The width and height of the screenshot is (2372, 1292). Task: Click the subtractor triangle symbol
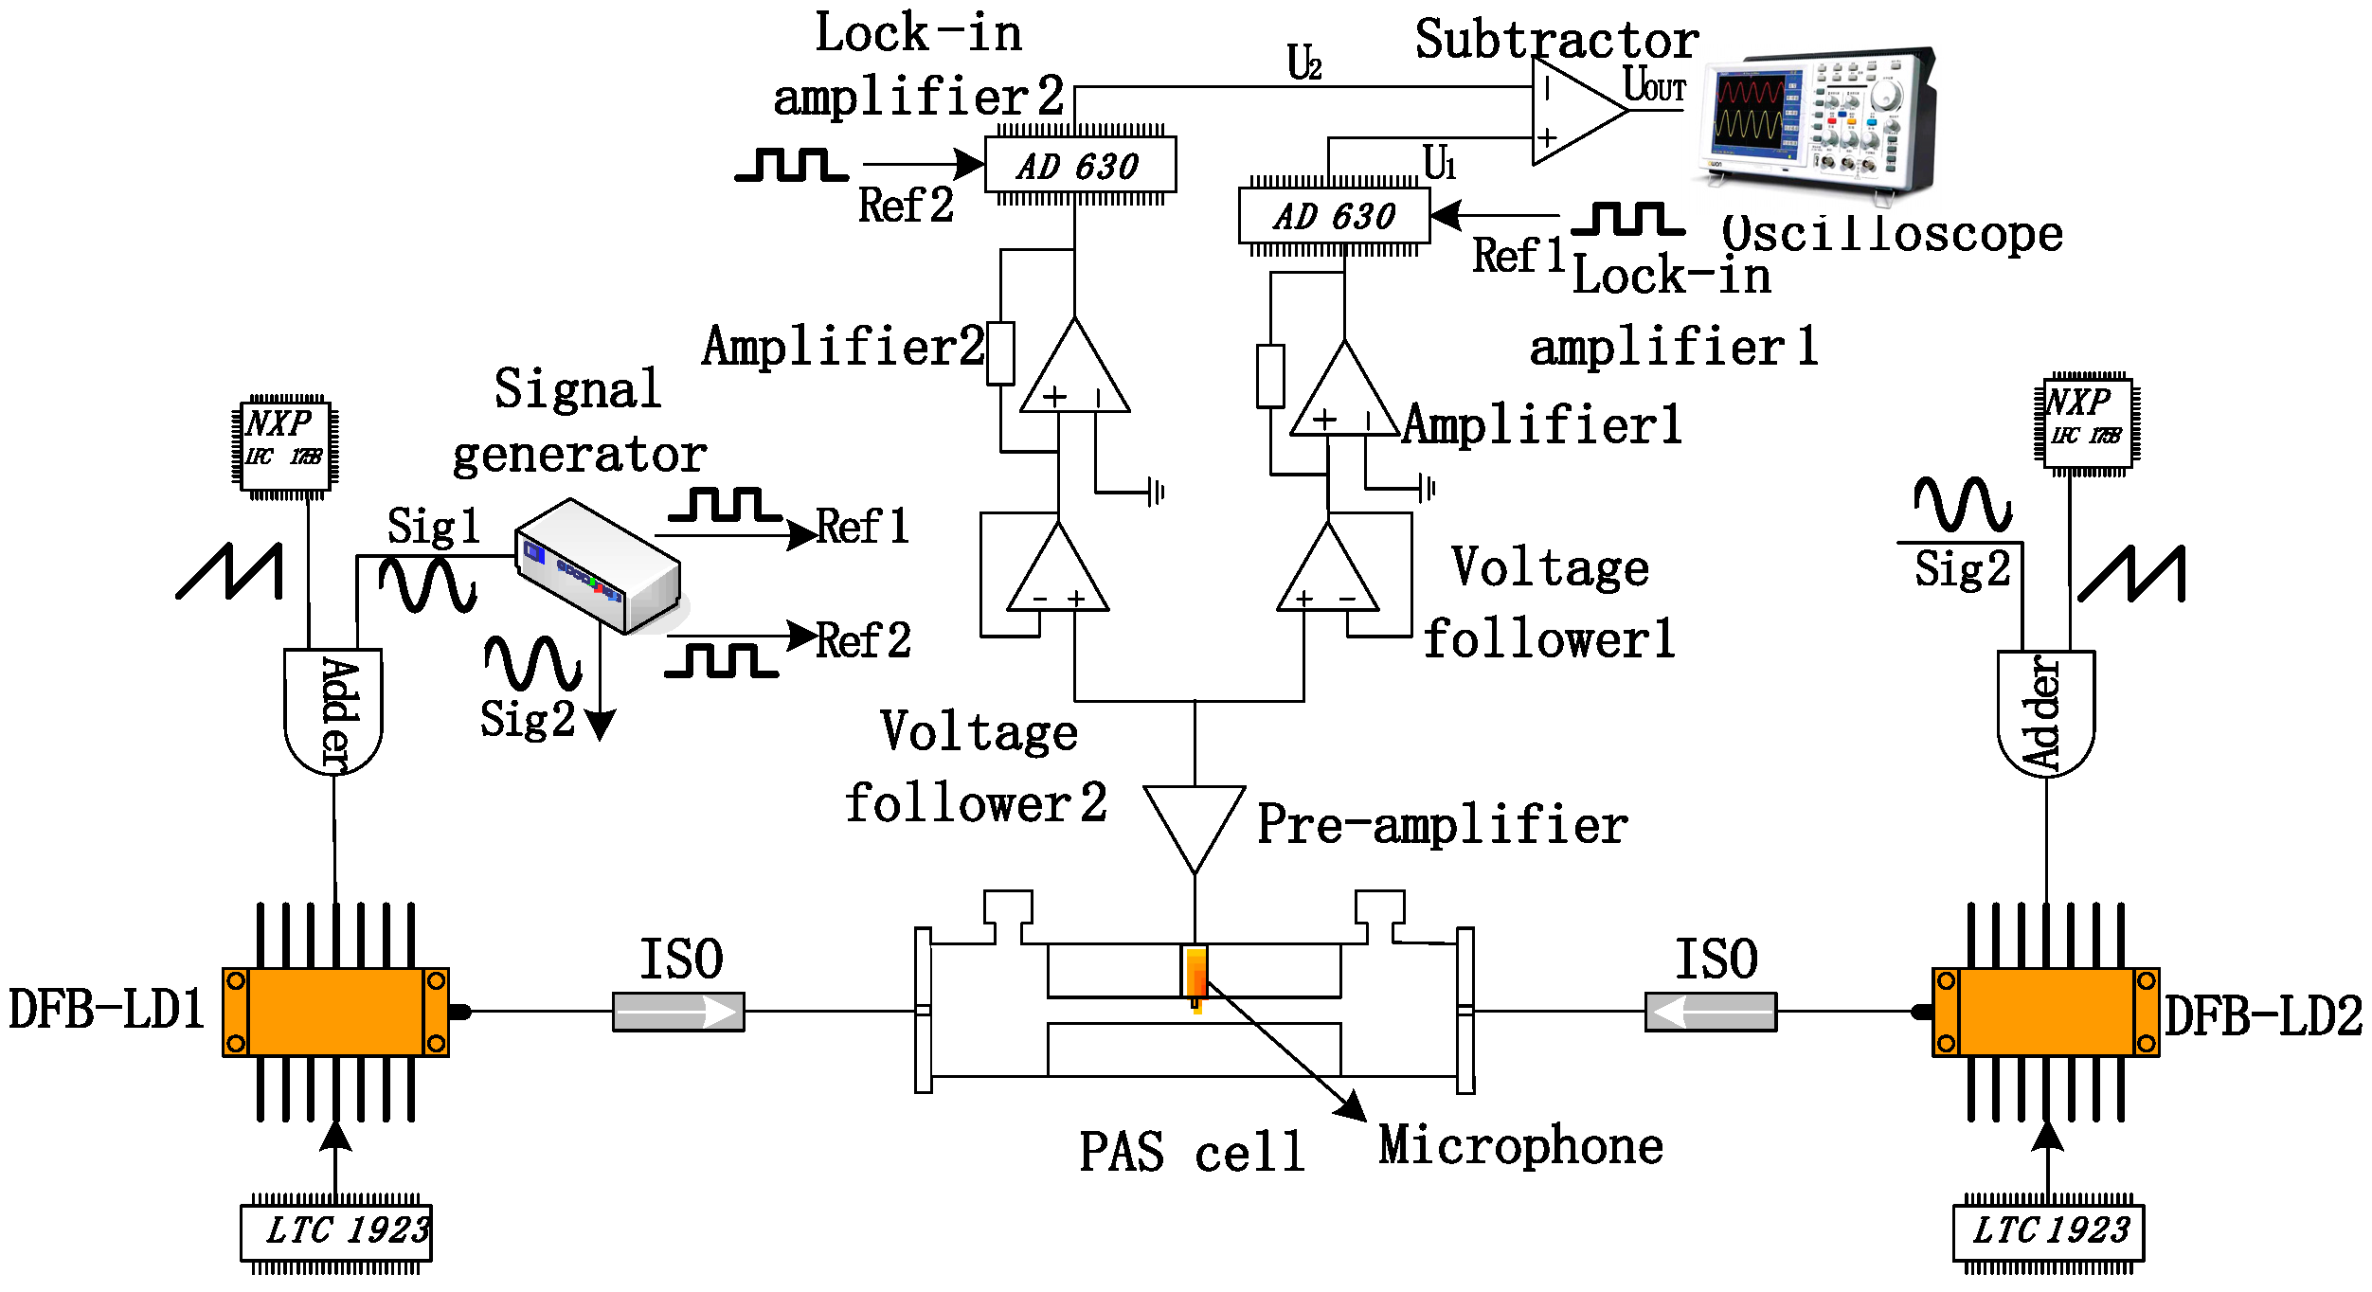(x=1572, y=112)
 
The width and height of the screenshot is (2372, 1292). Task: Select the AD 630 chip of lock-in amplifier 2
(x=1080, y=166)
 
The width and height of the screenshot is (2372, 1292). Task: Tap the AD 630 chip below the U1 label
(x=1334, y=216)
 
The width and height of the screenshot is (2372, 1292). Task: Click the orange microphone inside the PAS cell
(x=1196, y=975)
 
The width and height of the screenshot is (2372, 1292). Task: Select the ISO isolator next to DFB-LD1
(x=678, y=1012)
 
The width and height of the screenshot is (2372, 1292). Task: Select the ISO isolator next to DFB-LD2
(x=1711, y=1012)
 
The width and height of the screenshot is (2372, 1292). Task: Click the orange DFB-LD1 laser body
(x=335, y=1012)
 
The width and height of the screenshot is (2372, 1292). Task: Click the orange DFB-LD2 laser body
(x=2046, y=1012)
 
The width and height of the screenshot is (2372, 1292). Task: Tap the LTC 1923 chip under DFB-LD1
(x=336, y=1232)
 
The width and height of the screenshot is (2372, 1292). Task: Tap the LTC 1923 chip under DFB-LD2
(x=2049, y=1232)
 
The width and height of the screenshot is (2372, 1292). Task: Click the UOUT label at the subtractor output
(x=1654, y=85)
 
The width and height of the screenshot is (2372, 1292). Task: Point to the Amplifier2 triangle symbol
(x=1074, y=374)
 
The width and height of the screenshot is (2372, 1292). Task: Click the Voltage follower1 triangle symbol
(x=1328, y=573)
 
